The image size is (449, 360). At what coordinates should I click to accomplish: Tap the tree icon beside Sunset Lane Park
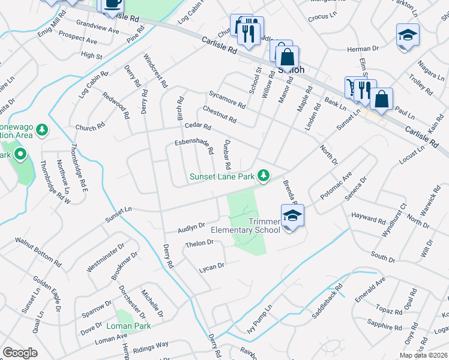[263, 175]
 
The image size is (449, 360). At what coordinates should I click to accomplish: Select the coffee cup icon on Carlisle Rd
[112, 4]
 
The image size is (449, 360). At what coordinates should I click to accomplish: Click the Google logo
[20, 353]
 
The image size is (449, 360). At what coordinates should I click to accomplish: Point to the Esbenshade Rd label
[194, 146]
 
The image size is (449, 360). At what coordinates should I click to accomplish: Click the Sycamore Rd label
[227, 100]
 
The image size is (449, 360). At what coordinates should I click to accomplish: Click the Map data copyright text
[424, 355]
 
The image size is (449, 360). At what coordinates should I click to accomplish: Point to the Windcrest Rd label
[154, 71]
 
